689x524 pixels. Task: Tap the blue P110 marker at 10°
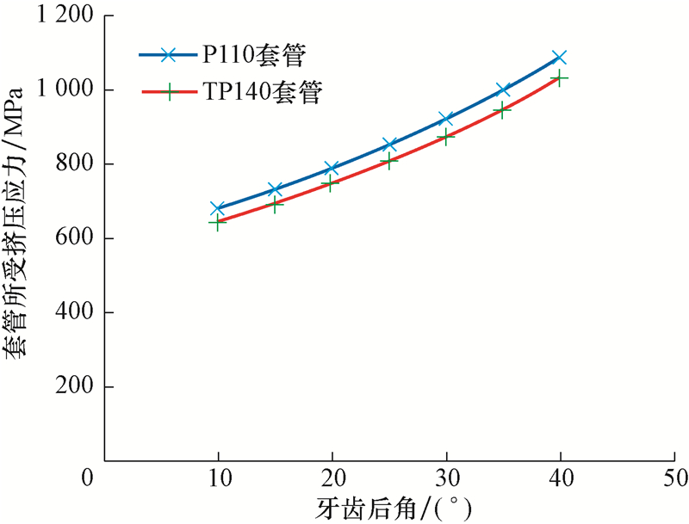click(x=218, y=208)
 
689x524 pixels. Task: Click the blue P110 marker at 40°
click(x=559, y=58)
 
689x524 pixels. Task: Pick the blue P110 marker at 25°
click(x=389, y=145)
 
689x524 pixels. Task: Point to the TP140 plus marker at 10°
click(x=218, y=222)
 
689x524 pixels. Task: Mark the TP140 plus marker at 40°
click(x=559, y=78)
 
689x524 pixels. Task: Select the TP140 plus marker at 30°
click(x=445, y=136)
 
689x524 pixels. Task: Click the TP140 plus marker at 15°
click(x=276, y=204)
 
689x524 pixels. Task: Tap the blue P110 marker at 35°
click(x=503, y=89)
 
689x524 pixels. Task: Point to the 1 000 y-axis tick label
click(x=65, y=89)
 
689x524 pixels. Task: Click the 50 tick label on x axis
click(x=673, y=477)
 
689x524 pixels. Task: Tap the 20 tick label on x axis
click(x=332, y=477)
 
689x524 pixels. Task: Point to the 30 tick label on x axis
click(x=445, y=477)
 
